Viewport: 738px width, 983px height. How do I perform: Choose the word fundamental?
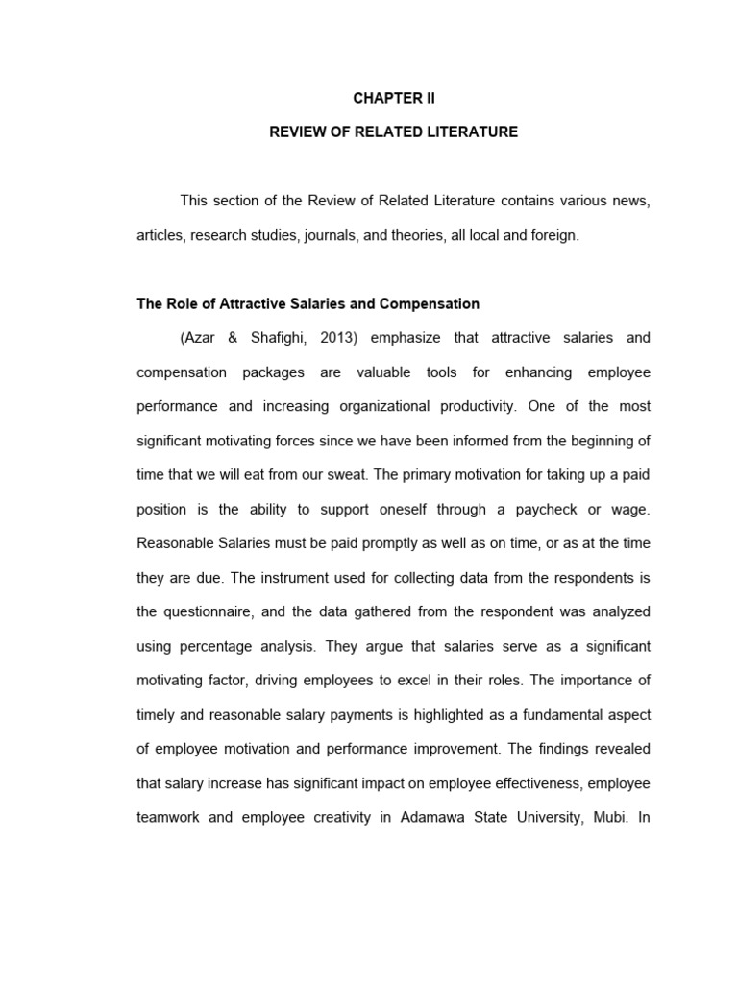pos(549,714)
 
